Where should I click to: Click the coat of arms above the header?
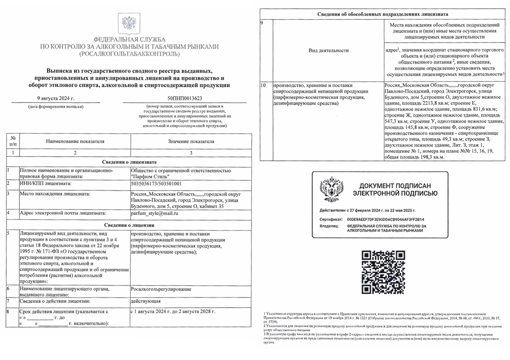(x=129, y=23)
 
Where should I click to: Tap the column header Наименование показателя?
(x=75, y=141)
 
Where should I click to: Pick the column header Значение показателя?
(x=191, y=141)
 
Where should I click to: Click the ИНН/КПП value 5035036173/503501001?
(x=157, y=184)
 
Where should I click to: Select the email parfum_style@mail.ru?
(x=155, y=213)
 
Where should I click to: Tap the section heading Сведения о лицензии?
(x=129, y=224)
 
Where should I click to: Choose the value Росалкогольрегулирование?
(x=161, y=289)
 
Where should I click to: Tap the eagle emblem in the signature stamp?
(x=331, y=189)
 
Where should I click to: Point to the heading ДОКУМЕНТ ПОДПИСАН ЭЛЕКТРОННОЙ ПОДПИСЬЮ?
(x=395, y=190)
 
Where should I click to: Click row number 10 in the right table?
(x=263, y=86)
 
